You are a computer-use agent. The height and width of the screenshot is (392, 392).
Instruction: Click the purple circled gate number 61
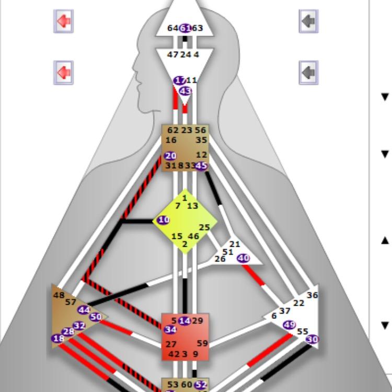click(x=185, y=28)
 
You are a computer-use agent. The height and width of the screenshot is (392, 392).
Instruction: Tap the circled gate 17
click(x=180, y=80)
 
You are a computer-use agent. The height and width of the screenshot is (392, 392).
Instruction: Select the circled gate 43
click(x=185, y=91)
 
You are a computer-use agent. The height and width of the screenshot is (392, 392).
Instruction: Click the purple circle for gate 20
click(x=170, y=156)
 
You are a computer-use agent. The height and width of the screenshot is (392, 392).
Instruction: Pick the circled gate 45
click(x=201, y=166)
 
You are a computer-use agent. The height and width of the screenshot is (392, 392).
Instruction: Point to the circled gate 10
click(x=164, y=220)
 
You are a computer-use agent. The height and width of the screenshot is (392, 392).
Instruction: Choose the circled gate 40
click(x=243, y=258)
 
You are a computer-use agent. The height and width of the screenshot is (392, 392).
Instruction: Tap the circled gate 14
click(x=185, y=320)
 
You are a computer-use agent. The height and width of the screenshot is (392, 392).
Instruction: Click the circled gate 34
click(x=170, y=329)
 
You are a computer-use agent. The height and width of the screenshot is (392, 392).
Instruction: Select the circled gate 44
click(x=84, y=309)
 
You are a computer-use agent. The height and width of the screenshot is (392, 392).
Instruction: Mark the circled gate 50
click(x=96, y=317)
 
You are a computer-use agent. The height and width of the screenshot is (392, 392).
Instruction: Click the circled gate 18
click(x=58, y=339)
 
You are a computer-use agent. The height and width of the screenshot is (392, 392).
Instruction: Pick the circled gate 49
click(x=289, y=325)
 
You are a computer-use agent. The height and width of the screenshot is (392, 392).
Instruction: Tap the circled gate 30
click(x=312, y=339)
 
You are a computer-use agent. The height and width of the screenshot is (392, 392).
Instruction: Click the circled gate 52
click(x=201, y=385)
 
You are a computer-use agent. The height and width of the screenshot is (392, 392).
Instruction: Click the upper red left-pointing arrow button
click(x=64, y=21)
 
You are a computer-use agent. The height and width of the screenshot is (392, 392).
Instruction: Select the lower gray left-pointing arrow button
click(x=308, y=72)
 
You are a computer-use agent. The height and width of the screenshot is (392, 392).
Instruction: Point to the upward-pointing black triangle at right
click(x=385, y=240)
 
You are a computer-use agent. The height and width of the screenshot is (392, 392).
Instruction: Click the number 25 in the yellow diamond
click(x=204, y=227)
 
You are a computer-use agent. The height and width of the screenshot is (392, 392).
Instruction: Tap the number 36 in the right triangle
click(x=312, y=295)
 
